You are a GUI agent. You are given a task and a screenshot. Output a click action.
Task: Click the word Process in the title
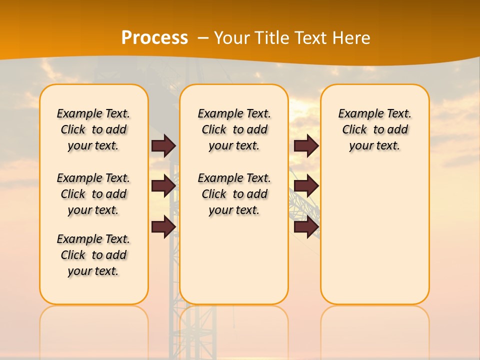pyautogui.click(x=154, y=37)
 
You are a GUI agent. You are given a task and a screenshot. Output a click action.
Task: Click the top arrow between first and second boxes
pyautogui.click(x=163, y=146)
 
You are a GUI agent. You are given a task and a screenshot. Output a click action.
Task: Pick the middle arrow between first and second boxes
pyautogui.click(x=163, y=186)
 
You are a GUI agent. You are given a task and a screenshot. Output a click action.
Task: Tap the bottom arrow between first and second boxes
pyautogui.click(x=163, y=227)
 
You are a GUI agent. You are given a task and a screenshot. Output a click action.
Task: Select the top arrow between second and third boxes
pyautogui.click(x=306, y=146)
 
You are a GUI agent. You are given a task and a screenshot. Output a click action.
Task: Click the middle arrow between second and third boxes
pyautogui.click(x=306, y=186)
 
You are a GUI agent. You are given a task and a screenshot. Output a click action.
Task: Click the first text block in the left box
pyautogui.click(x=93, y=129)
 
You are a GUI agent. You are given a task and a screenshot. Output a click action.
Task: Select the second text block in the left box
pyautogui.click(x=93, y=194)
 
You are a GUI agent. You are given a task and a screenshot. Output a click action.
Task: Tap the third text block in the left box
pyautogui.click(x=93, y=255)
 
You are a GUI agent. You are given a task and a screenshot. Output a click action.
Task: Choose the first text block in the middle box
pyautogui.click(x=234, y=129)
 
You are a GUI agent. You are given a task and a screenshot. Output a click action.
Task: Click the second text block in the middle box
pyautogui.click(x=234, y=194)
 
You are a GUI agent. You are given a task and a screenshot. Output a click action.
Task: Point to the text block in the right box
pyautogui.click(x=374, y=129)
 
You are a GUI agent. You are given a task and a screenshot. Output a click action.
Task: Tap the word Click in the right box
pyautogui.click(x=354, y=130)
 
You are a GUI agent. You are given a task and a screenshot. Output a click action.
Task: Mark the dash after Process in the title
pyautogui.click(x=203, y=37)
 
